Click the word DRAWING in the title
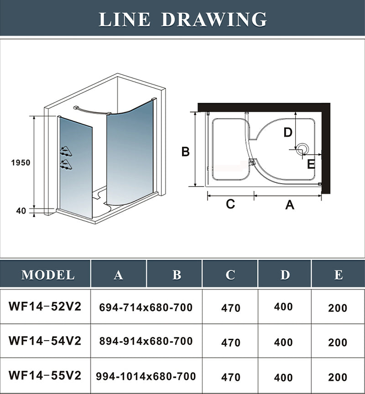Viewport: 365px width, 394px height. pyautogui.click(x=214, y=19)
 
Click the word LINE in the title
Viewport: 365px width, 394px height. pyautogui.click(x=125, y=19)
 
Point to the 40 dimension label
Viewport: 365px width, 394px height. pyautogui.click(x=21, y=211)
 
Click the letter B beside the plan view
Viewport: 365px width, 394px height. pyautogui.click(x=185, y=152)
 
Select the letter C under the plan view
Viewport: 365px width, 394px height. pyautogui.click(x=230, y=204)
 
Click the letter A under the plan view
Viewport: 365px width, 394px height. pyautogui.click(x=289, y=205)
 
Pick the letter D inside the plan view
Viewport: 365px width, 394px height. pyautogui.click(x=287, y=132)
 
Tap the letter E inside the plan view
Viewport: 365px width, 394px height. pyautogui.click(x=311, y=163)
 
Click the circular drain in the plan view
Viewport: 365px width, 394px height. pyautogui.click(x=302, y=148)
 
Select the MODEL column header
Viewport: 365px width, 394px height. pyautogui.click(x=48, y=275)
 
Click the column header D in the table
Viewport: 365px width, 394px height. pyautogui.click(x=285, y=275)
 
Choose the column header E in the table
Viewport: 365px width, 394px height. pyautogui.click(x=338, y=275)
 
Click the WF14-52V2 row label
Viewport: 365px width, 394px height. pyautogui.click(x=45, y=306)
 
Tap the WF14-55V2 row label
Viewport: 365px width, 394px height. pyautogui.click(x=45, y=376)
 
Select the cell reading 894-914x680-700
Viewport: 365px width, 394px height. pyautogui.click(x=146, y=341)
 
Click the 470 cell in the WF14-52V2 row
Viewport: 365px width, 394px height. pyautogui.click(x=231, y=308)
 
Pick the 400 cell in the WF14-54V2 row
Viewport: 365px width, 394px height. pyautogui.click(x=283, y=341)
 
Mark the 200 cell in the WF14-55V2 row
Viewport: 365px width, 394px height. pyautogui.click(x=338, y=377)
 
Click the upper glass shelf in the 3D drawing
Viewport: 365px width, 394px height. pyautogui.click(x=66, y=151)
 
